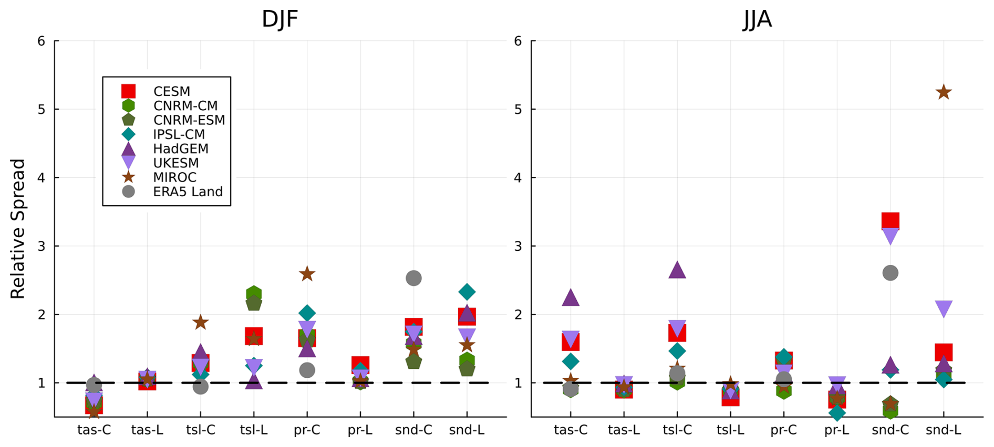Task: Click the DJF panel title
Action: coord(279,19)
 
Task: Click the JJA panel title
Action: coord(757,19)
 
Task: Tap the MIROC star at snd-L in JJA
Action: coord(944,92)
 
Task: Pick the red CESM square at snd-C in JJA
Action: coord(890,221)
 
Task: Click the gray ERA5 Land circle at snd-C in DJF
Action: coord(413,278)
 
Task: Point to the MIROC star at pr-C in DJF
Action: coord(307,274)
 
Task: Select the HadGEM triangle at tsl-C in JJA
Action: coord(677,270)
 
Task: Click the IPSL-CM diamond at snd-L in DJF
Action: coord(467,292)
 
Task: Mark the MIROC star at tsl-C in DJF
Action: coord(200,322)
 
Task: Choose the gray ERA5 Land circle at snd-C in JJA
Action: coord(890,273)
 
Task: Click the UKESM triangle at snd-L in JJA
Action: coord(944,308)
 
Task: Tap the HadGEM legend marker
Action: coord(128,149)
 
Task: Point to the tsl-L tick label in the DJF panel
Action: coord(254,430)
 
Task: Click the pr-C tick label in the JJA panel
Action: coord(783,430)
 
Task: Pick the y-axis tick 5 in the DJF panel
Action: coord(42,109)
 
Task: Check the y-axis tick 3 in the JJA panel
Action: coord(518,246)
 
